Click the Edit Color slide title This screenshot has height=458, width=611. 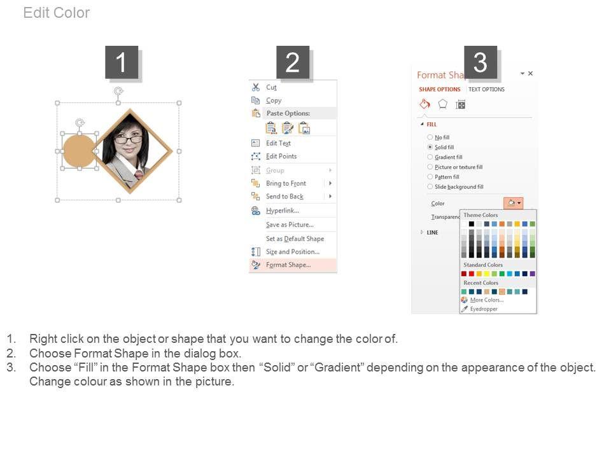click(57, 13)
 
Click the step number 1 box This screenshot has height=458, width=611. click(122, 62)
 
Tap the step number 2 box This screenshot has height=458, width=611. click(293, 62)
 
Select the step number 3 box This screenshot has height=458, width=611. click(480, 62)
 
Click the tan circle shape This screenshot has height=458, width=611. click(79, 151)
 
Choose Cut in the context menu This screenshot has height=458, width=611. click(271, 87)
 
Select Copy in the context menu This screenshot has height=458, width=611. click(274, 100)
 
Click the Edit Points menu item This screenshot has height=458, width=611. click(281, 156)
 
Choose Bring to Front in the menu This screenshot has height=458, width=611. click(286, 183)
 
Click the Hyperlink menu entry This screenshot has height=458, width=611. click(283, 211)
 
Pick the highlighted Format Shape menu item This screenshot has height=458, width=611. click(288, 265)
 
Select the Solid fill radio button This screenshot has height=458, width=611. click(430, 147)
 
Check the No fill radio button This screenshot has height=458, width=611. click(430, 137)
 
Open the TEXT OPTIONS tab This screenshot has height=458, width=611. click(486, 89)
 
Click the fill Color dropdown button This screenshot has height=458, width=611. click(513, 203)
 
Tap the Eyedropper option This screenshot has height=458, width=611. click(484, 309)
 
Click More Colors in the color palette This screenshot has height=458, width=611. click(487, 300)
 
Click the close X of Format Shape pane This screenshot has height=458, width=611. click(530, 73)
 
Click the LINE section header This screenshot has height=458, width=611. click(433, 232)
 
